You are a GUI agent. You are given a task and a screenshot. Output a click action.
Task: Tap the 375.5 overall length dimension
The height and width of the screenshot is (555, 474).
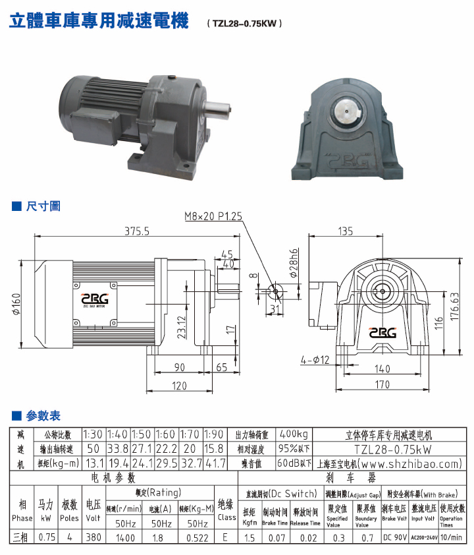tap(137, 231)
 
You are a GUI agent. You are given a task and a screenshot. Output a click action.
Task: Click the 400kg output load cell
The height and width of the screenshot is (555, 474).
tap(293, 435)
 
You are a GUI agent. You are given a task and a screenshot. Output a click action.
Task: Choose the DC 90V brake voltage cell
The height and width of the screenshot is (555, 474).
tap(394, 538)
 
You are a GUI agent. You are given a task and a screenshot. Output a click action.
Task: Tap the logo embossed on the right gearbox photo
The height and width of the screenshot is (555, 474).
tap(347, 159)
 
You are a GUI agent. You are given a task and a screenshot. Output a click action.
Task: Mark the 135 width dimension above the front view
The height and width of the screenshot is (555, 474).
tap(345, 231)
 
